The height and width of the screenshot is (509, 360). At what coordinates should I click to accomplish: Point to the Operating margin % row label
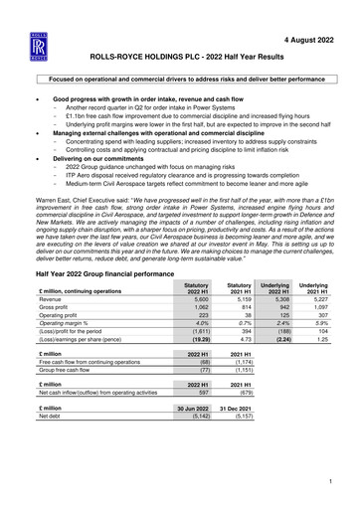[x=66, y=298]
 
